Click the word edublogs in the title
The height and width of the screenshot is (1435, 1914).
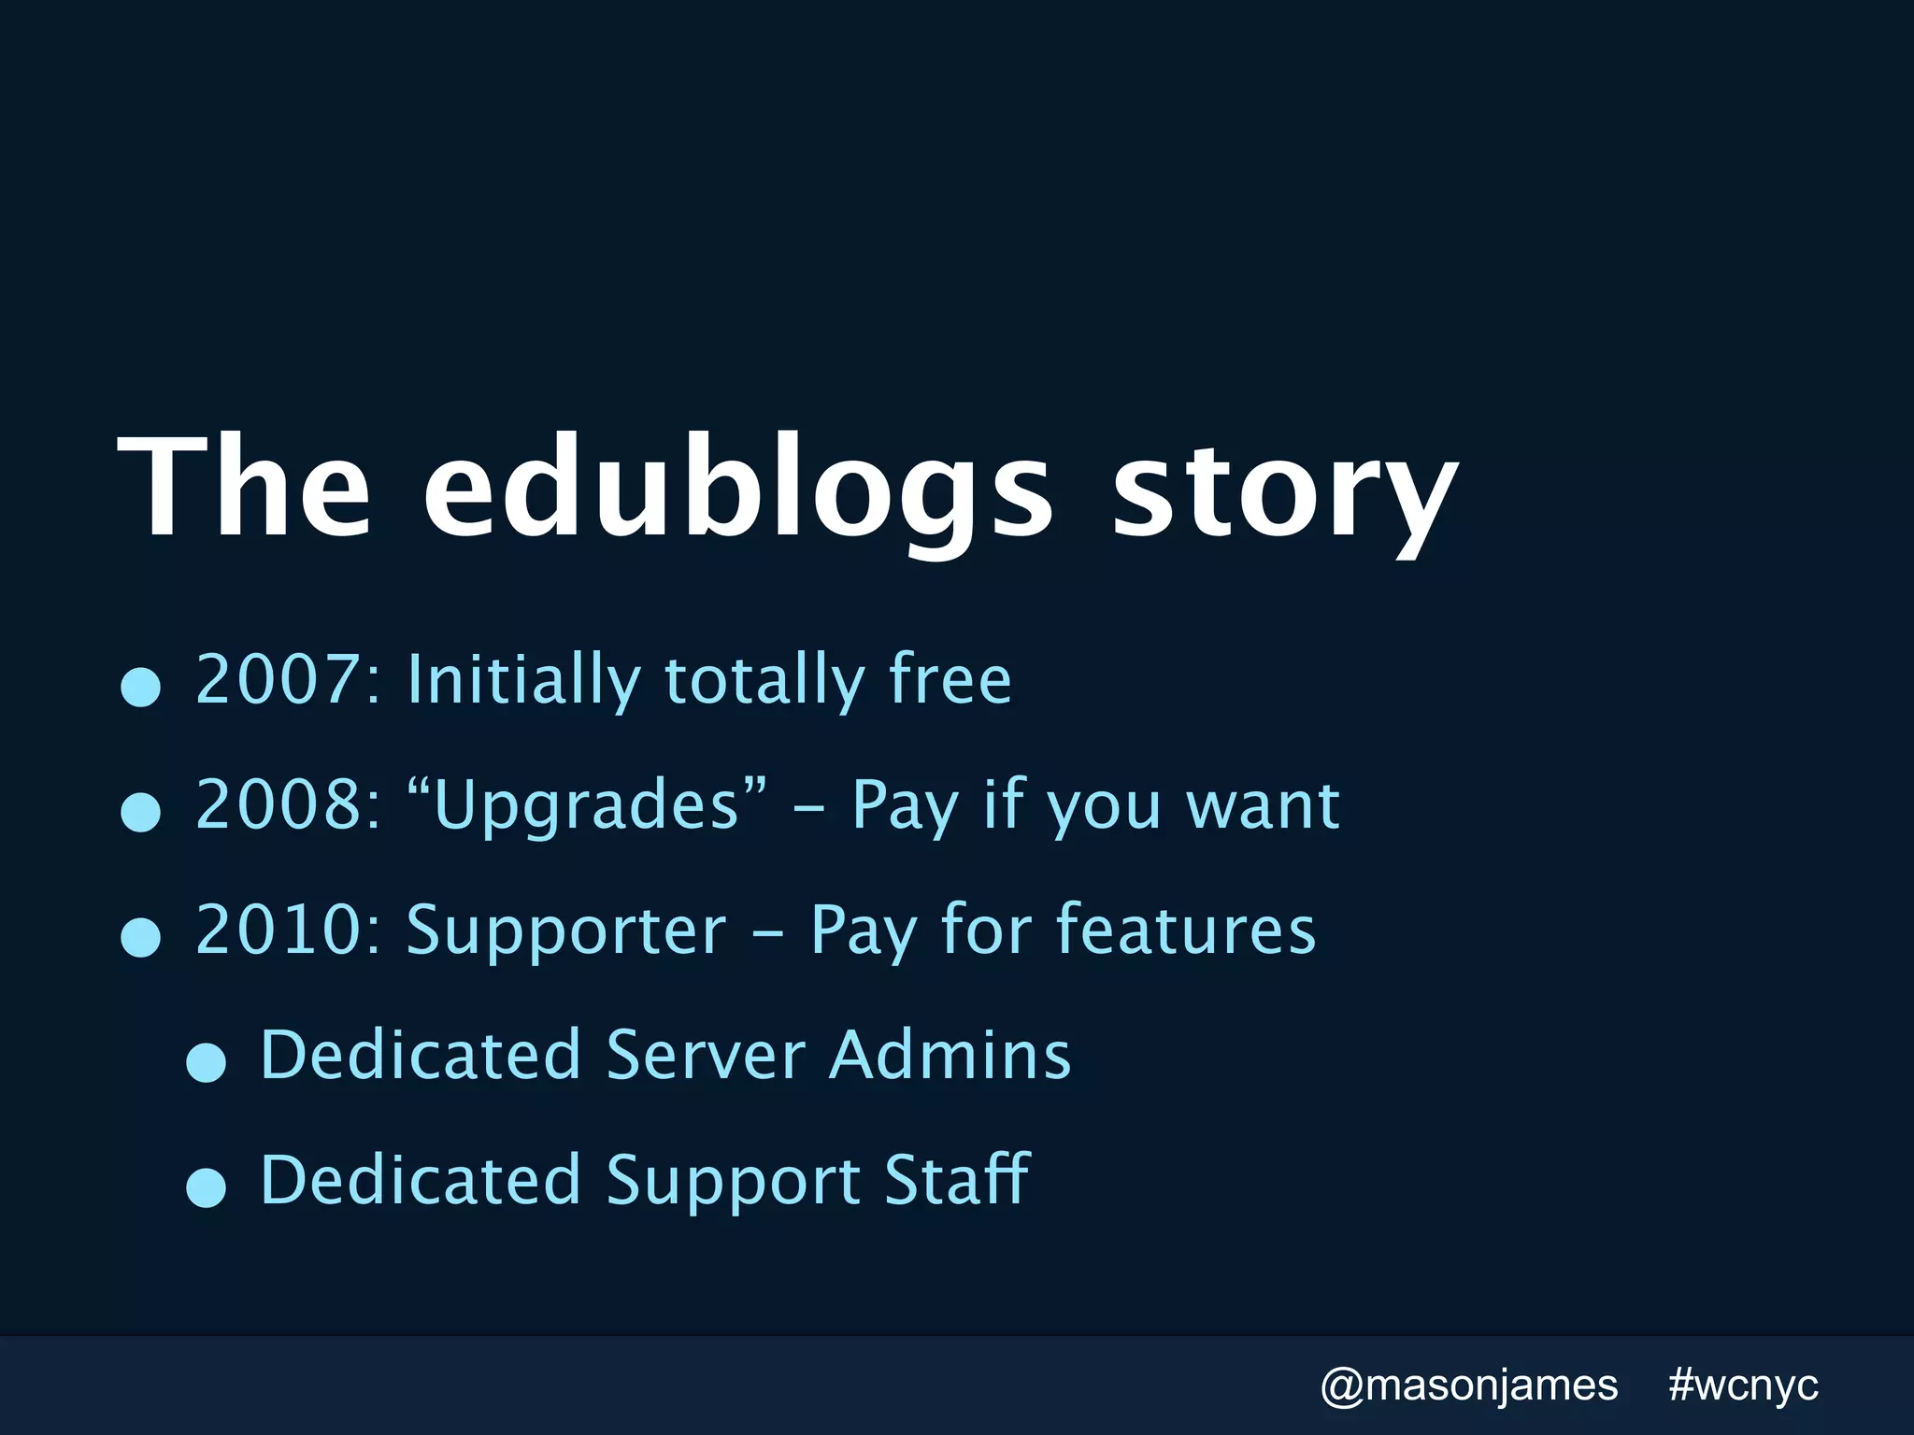point(738,488)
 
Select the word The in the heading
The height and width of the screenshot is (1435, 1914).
point(245,488)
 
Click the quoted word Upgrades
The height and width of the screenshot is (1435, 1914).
point(587,804)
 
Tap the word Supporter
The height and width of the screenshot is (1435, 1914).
point(566,930)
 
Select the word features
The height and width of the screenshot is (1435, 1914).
point(1186,930)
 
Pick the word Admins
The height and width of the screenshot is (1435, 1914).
point(950,1055)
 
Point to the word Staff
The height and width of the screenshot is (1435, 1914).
point(957,1179)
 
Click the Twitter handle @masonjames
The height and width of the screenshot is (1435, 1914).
point(1468,1385)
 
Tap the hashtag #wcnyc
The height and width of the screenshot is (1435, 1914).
point(1744,1385)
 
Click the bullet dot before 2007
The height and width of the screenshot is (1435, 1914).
point(141,687)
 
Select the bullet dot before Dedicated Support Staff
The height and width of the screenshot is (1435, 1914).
point(206,1187)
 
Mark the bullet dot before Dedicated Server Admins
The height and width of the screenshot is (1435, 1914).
point(206,1062)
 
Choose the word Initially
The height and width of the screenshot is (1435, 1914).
point(523,679)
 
